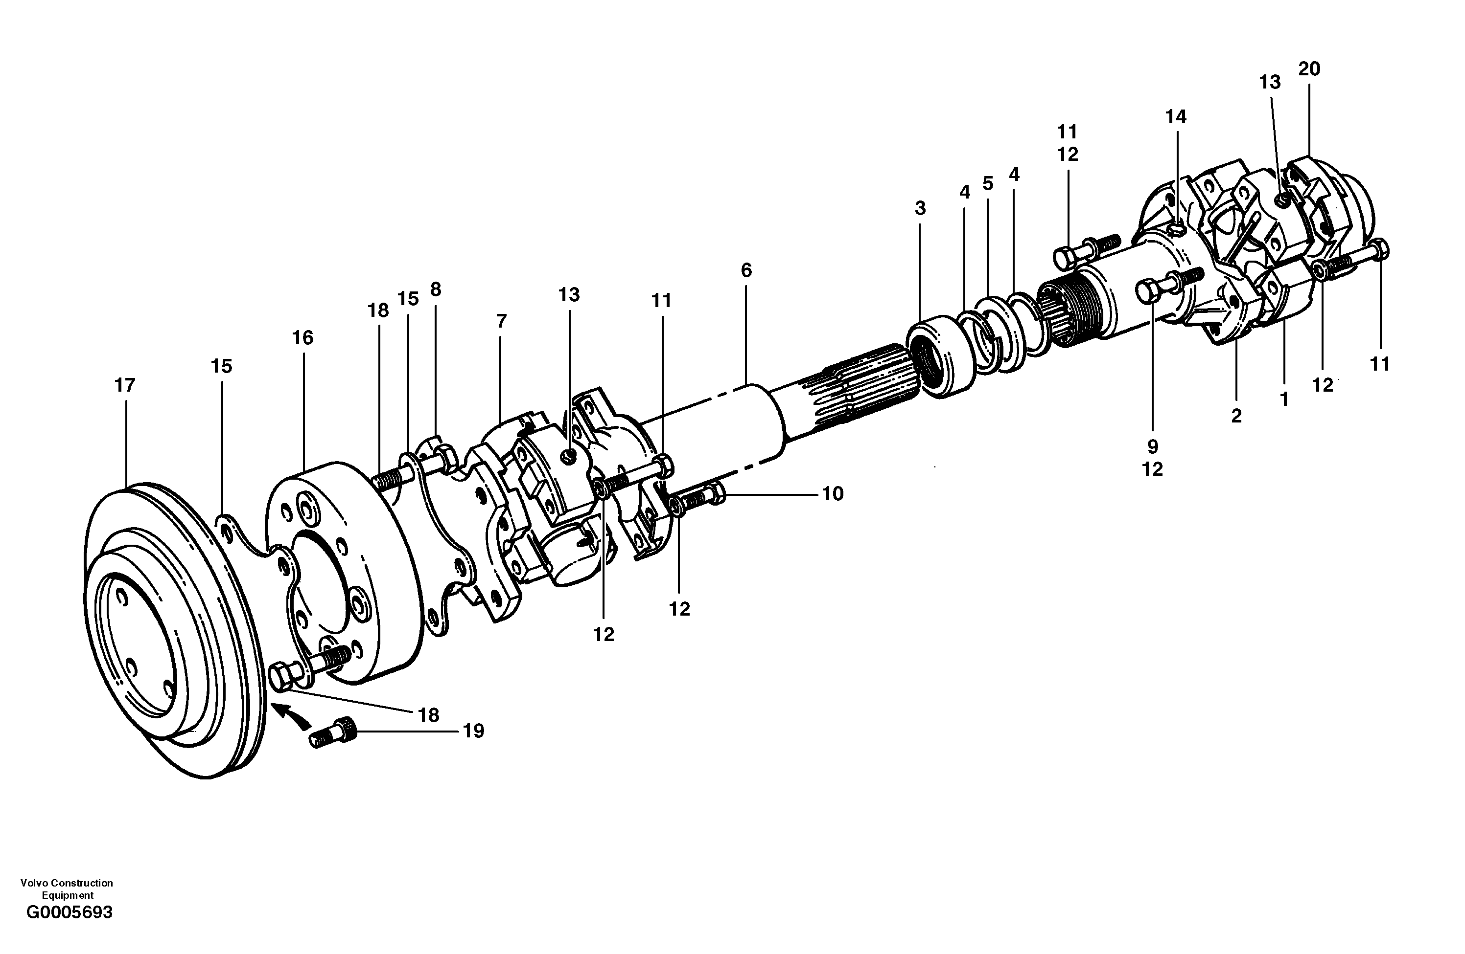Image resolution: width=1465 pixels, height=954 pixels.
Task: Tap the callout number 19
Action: point(473,732)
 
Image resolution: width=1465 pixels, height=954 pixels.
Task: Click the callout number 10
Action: point(833,494)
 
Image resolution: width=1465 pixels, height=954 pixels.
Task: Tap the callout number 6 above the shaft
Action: point(746,270)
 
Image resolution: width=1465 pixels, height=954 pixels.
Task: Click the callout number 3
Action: point(920,208)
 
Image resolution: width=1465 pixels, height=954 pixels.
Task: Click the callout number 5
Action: point(987,183)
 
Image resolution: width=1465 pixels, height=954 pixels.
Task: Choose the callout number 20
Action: point(1309,69)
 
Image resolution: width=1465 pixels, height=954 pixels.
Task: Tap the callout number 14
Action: point(1176,116)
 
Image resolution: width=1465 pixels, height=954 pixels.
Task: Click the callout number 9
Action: point(1152,446)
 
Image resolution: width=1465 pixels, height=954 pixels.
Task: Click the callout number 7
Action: point(501,321)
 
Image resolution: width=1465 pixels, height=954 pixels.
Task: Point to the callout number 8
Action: point(436,289)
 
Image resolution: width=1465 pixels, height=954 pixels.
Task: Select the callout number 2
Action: point(1236,417)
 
